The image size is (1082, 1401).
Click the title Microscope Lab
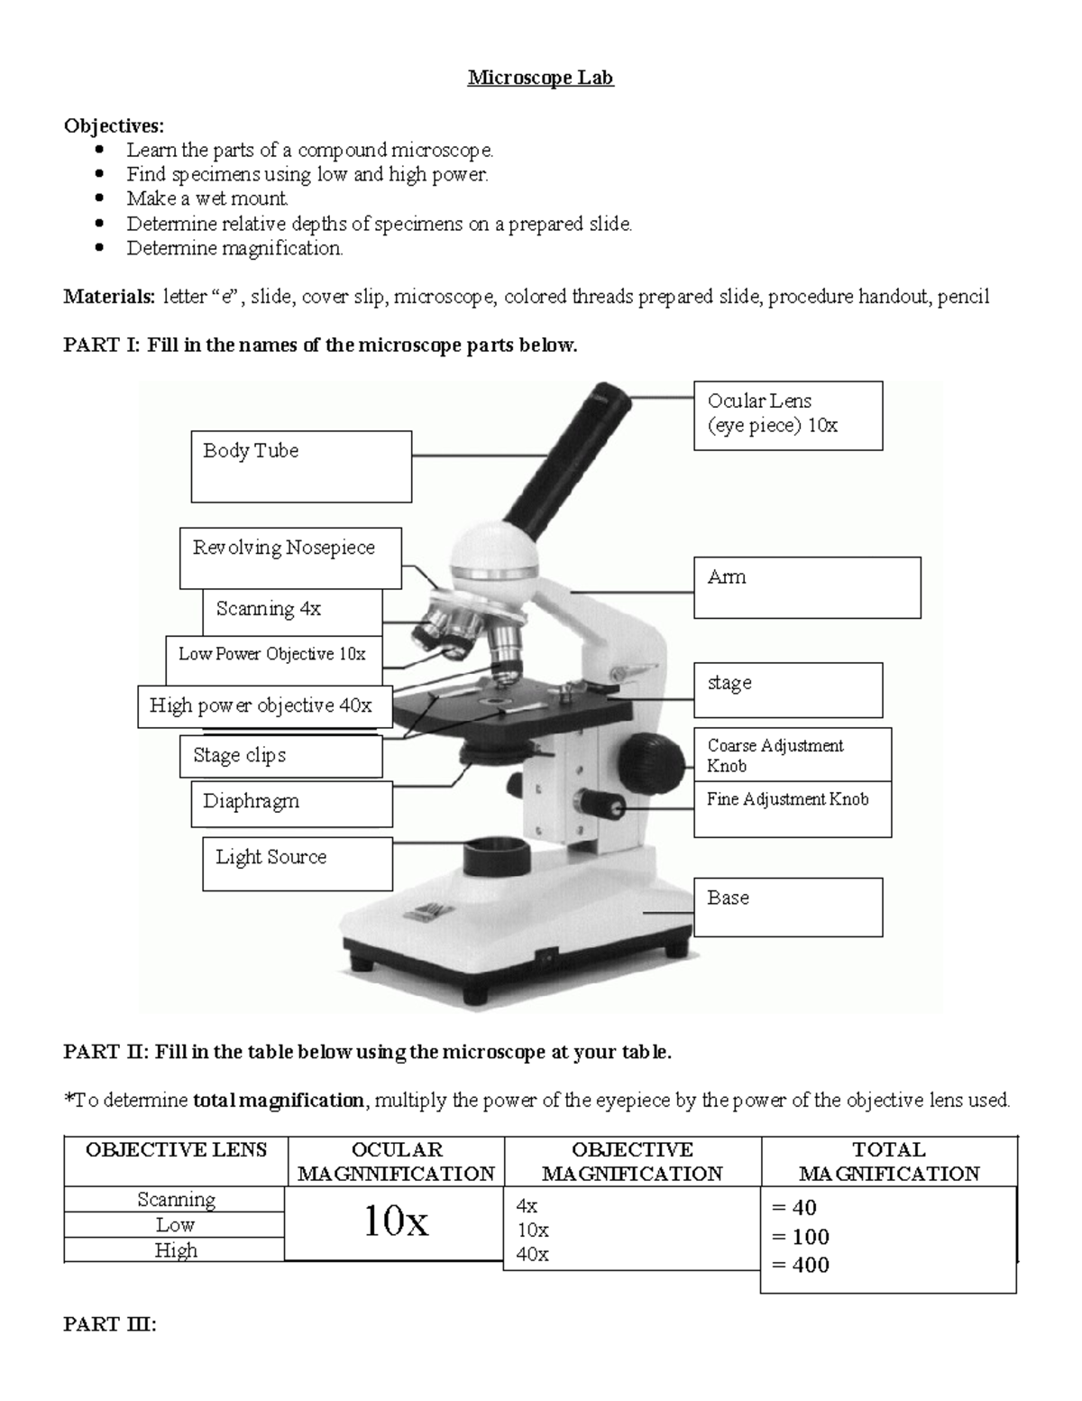point(540,78)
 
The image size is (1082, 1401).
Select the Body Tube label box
point(301,466)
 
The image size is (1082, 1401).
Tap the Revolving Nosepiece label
point(289,558)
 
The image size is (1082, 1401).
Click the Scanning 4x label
point(291,611)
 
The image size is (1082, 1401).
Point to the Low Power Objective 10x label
point(273,659)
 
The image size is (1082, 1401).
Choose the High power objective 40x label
point(264,705)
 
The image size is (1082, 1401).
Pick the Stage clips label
point(280,756)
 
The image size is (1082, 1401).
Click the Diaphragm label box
point(291,803)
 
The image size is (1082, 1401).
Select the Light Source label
point(297,863)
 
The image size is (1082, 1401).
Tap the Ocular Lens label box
point(787,415)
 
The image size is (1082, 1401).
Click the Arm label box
point(806,587)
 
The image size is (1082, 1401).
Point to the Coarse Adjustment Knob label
point(792,755)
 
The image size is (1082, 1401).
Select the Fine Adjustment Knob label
point(792,809)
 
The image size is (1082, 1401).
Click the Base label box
point(787,907)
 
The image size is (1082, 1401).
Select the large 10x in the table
point(395,1221)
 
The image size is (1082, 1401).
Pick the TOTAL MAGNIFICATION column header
point(888,1161)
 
